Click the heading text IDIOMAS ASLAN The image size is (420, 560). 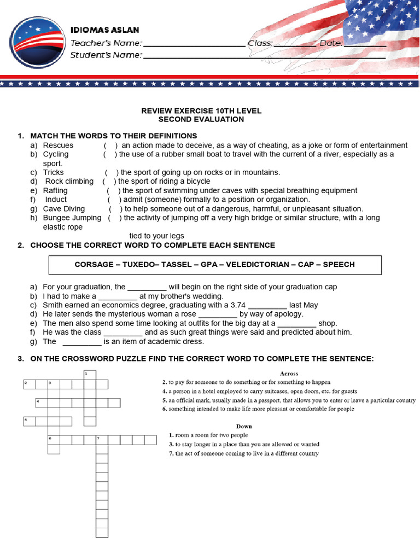click(104, 30)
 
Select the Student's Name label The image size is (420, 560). click(106, 55)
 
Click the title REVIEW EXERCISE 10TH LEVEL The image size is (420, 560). click(201, 110)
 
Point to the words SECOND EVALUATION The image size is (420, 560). click(201, 119)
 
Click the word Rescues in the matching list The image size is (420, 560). click(58, 145)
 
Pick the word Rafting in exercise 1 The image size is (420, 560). click(55, 190)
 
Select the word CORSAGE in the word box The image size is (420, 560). click(94, 264)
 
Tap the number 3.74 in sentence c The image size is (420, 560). click(236, 305)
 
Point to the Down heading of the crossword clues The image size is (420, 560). click(244, 426)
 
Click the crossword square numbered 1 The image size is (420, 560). click(90, 374)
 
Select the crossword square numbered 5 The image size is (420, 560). click(29, 421)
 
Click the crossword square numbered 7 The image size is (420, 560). click(102, 440)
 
